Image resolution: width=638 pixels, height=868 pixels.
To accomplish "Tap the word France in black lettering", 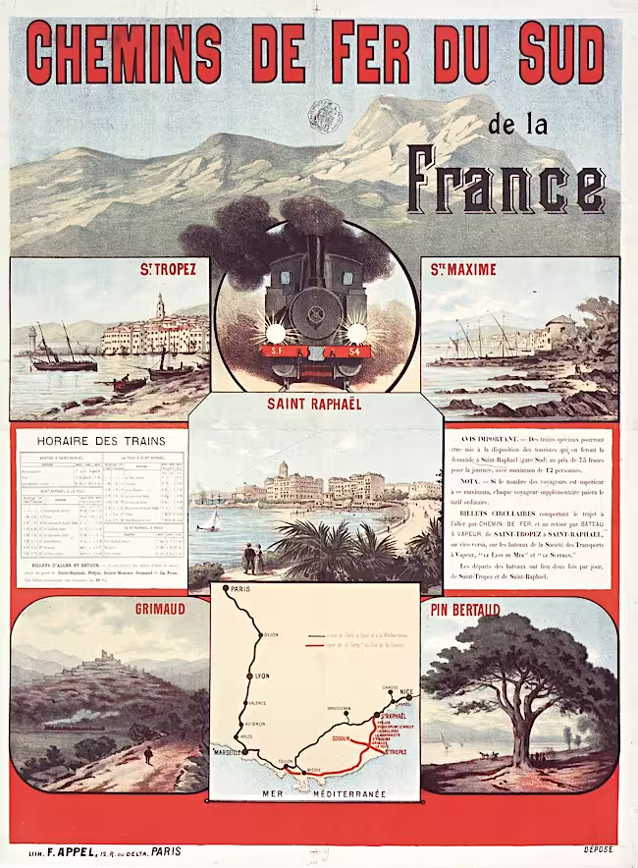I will [505, 181].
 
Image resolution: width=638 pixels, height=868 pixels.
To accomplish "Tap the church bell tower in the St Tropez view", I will [159, 307].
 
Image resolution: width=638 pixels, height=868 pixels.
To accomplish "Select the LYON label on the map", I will [261, 677].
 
